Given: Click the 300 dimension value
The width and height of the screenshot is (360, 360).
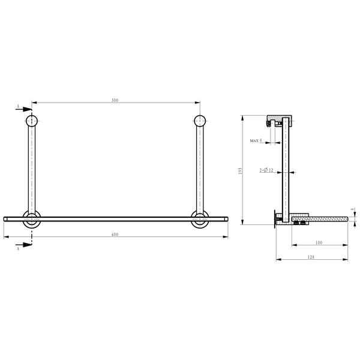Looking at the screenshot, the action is pos(115,100).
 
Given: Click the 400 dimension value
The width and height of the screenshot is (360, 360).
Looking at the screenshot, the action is pos(115,235).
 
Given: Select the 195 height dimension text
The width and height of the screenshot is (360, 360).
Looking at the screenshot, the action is pos(240,170).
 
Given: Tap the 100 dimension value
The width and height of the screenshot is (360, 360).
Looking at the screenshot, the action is pos(319,242).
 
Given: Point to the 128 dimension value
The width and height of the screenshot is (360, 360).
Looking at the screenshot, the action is pos(311,257).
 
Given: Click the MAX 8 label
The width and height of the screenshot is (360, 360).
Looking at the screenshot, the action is pos(256,140).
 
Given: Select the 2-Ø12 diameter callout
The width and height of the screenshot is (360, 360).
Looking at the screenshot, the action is pos(266,170).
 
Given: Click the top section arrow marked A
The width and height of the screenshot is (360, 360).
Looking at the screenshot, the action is pos(23,109).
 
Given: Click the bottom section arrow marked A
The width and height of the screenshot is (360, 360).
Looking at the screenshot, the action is pos(23,244).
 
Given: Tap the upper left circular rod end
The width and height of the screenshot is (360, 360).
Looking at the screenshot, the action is pos(32,121).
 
